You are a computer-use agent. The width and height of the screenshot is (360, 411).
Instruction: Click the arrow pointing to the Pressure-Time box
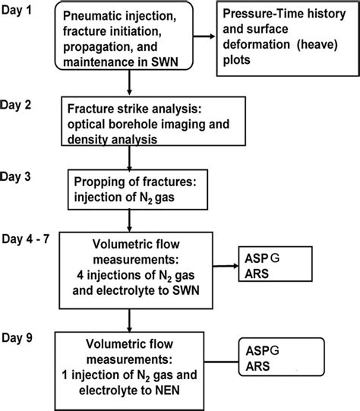click(x=200, y=35)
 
